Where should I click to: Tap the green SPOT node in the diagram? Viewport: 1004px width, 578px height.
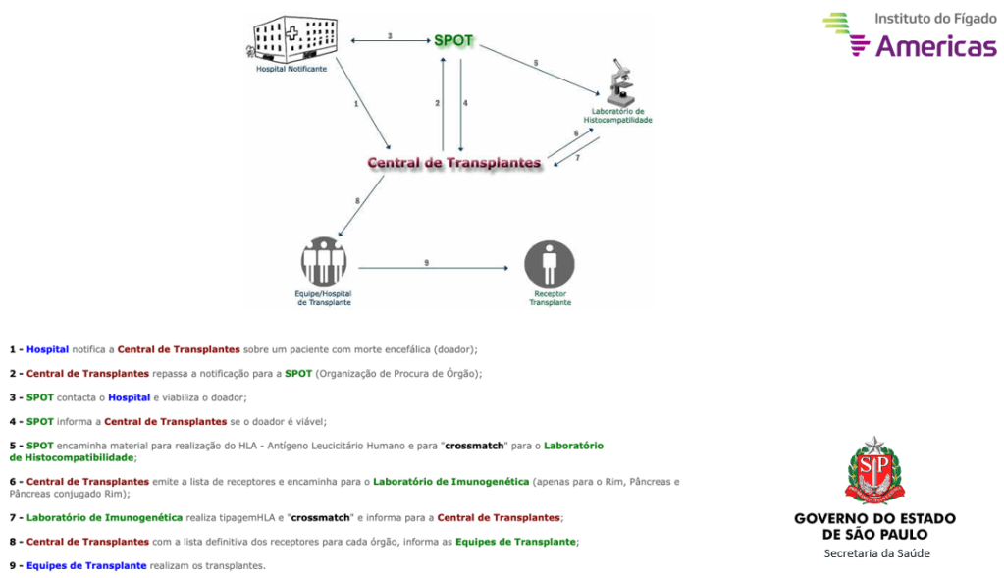click(453, 41)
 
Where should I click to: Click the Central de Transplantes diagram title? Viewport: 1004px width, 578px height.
click(453, 163)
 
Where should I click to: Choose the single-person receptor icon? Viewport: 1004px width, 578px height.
click(549, 264)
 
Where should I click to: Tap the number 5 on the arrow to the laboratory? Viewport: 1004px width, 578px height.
click(536, 63)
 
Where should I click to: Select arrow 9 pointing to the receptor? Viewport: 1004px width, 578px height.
click(432, 266)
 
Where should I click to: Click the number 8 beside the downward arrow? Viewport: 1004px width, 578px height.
click(357, 201)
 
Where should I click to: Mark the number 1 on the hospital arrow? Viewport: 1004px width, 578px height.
click(355, 103)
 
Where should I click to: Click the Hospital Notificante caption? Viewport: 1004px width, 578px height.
click(291, 69)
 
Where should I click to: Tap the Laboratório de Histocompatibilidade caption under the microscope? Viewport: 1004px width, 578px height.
click(618, 116)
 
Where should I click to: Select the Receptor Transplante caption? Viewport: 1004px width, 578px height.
click(551, 298)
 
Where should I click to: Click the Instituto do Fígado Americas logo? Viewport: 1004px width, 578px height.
click(909, 33)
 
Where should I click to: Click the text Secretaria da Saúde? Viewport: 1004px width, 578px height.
click(876, 553)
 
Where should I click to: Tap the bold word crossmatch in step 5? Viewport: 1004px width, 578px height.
click(475, 446)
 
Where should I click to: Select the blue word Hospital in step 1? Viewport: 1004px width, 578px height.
click(47, 349)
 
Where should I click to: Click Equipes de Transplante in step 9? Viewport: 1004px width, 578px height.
click(86, 565)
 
